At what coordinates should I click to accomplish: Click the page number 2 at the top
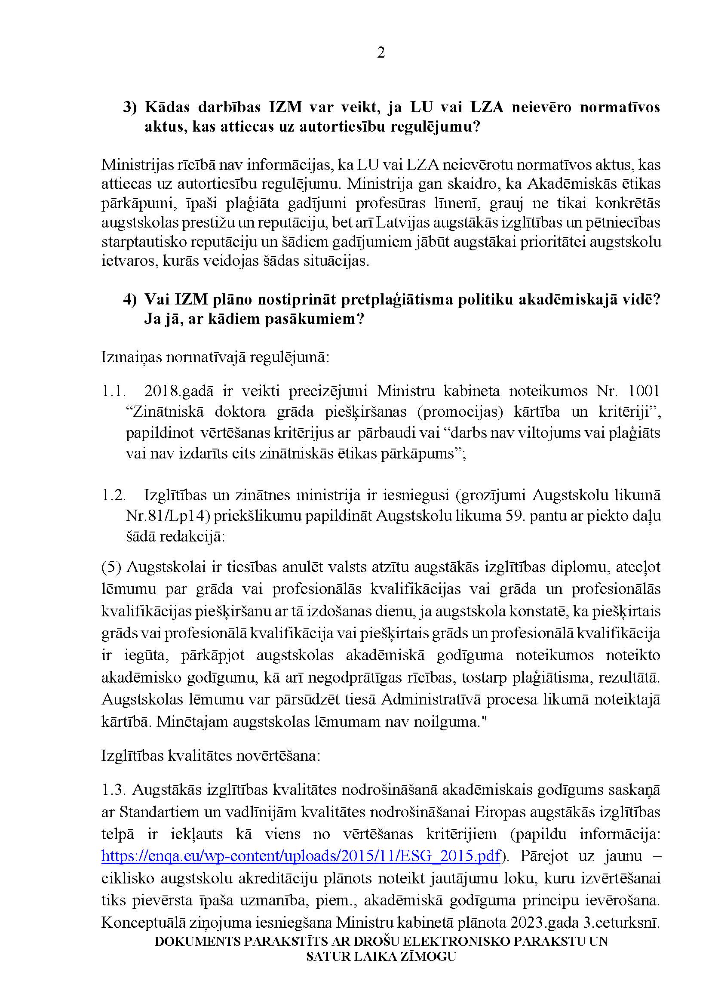(381, 53)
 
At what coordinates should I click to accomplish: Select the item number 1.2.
(114, 495)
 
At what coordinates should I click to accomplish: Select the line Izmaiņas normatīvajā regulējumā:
(215, 357)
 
